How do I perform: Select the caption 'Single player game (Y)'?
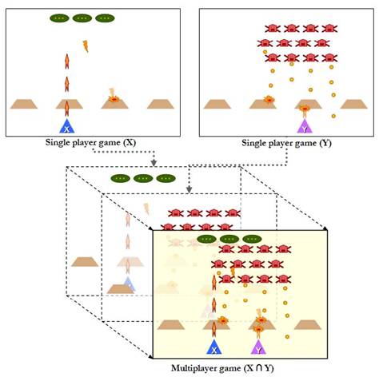coord(285,143)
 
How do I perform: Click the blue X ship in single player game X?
coord(68,126)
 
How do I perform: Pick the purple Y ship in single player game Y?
coord(304,126)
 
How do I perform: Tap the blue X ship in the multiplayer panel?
coord(213,347)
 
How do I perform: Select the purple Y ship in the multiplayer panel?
coord(258,347)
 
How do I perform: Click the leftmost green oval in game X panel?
coord(59,18)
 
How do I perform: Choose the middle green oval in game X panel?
coord(82,18)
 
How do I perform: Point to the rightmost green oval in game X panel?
coord(105,18)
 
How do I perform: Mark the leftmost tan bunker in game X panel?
coord(23,103)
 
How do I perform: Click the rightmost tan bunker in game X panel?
coord(159,103)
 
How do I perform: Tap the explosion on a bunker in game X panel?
coord(114,98)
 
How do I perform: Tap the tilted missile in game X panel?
coord(85,46)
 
